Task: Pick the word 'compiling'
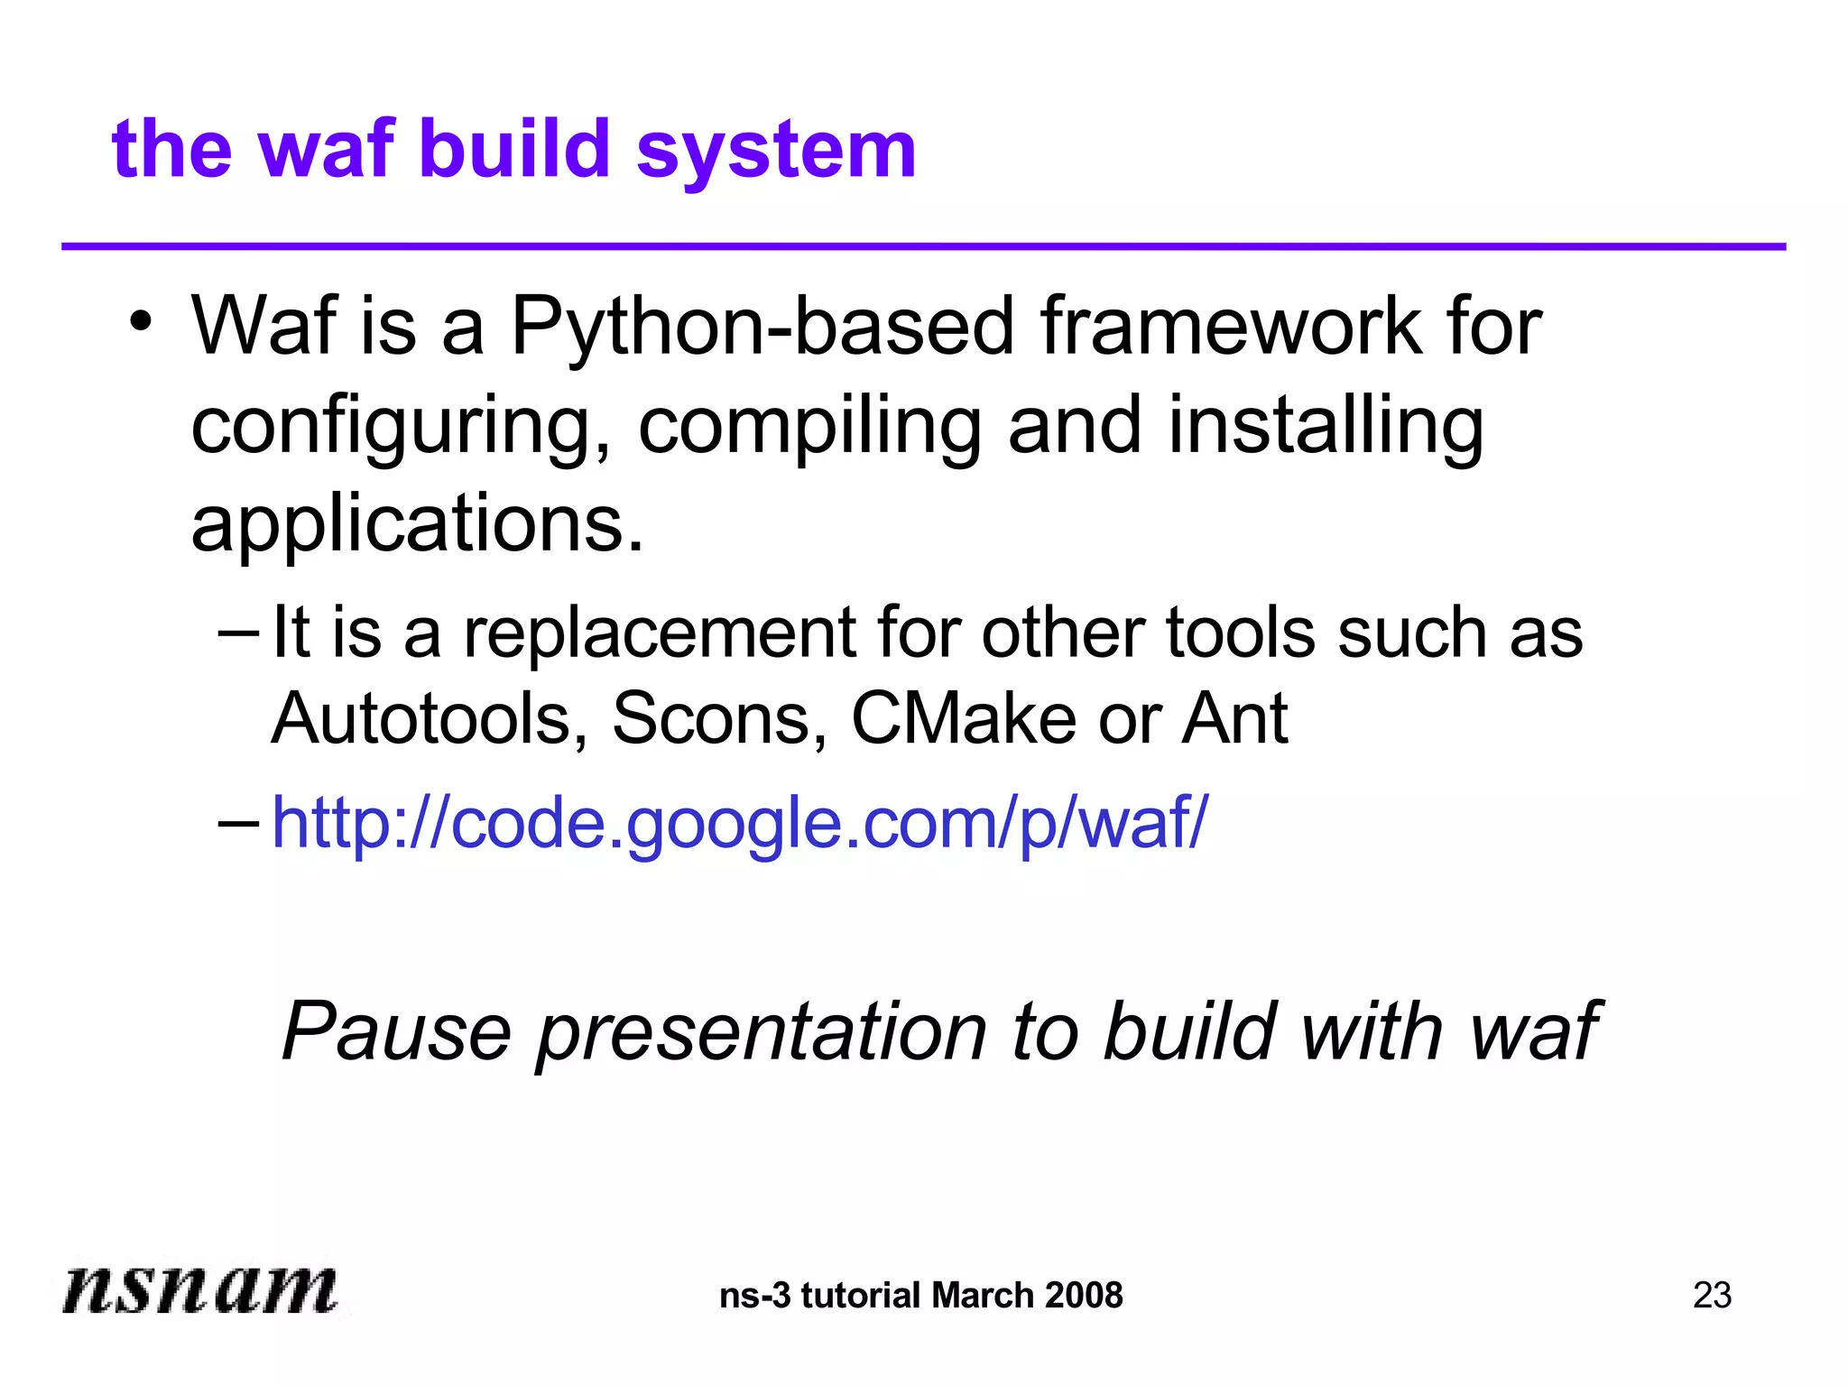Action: (809, 428)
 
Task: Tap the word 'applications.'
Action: (418, 525)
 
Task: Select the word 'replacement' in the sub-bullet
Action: (659, 633)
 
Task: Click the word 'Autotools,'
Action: (430, 719)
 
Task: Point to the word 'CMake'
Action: (964, 719)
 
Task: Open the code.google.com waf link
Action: (739, 823)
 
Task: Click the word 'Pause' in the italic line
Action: (397, 1031)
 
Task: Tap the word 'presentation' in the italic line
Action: (762, 1033)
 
